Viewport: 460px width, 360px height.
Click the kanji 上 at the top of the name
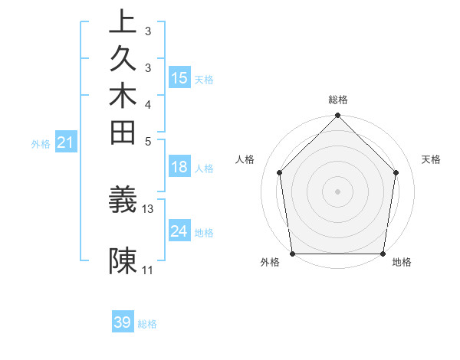click(123, 21)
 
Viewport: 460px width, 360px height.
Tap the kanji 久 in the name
click(123, 59)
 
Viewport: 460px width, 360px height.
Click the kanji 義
click(123, 200)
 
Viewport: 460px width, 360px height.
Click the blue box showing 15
click(179, 78)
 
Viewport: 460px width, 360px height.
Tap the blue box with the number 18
click(179, 168)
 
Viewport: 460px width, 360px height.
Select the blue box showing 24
click(179, 231)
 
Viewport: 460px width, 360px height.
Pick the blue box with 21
click(66, 142)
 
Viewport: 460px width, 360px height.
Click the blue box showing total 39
click(123, 322)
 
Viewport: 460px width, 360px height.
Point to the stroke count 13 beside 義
click(148, 208)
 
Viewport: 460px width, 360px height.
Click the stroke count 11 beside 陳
click(148, 270)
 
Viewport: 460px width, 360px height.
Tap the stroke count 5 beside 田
click(148, 141)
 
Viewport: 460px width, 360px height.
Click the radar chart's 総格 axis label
click(338, 100)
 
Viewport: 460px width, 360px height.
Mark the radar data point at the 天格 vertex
click(396, 172)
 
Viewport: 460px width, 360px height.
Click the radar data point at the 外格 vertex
click(293, 254)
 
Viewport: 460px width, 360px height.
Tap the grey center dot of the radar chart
click(338, 191)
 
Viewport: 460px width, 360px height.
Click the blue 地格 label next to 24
click(204, 232)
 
